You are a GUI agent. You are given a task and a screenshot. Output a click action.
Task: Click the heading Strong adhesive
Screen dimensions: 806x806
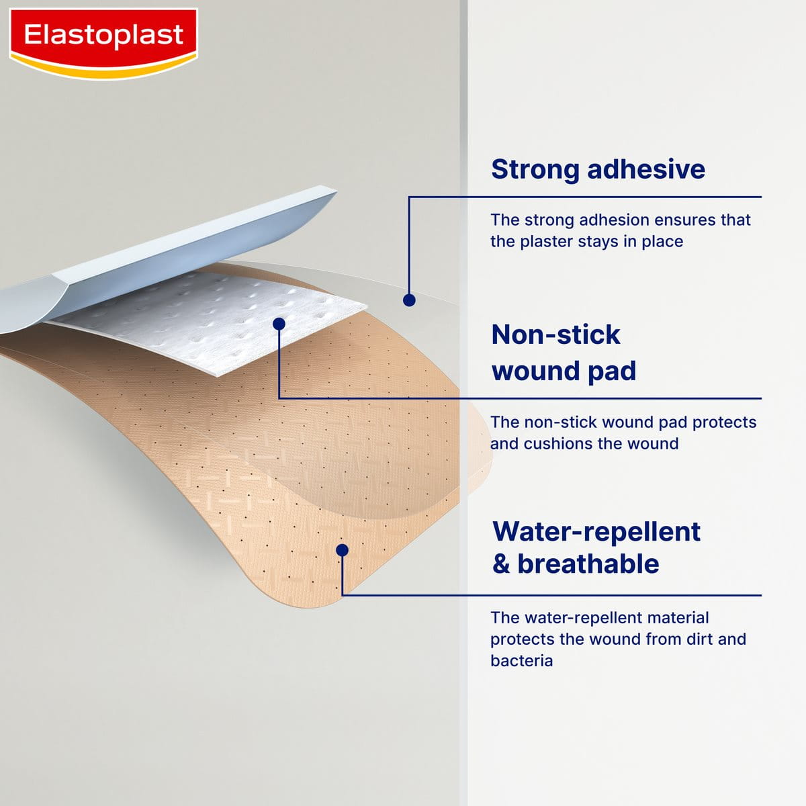point(598,169)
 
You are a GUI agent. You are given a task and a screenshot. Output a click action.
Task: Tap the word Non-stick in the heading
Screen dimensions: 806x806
point(555,334)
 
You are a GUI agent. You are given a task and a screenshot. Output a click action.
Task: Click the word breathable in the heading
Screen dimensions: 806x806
point(588,564)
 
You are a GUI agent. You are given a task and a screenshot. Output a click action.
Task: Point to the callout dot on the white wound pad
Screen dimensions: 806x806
point(279,324)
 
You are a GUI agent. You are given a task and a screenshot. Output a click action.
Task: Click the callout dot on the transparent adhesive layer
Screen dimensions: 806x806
point(409,300)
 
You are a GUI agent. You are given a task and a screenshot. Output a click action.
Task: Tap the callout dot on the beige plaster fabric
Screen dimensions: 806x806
point(342,550)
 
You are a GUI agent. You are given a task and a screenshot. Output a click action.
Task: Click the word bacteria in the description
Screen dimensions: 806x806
point(521,661)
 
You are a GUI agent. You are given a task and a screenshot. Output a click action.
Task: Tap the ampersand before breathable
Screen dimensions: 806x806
point(501,564)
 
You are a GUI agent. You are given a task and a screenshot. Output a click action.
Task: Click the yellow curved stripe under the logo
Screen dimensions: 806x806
point(103,68)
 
